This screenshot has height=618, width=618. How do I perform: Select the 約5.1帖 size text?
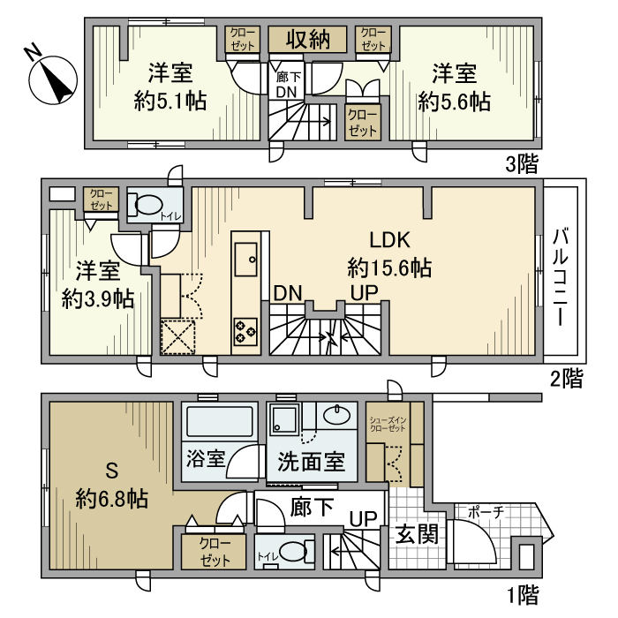(170, 102)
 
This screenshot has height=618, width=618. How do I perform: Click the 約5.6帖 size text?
(455, 102)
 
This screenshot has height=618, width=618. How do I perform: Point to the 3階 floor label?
(521, 164)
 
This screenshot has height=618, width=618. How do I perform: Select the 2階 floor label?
(566, 380)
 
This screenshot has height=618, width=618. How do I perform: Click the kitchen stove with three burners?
(245, 332)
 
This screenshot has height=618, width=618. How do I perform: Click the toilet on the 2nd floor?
(146, 206)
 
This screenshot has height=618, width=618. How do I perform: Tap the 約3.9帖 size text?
(98, 298)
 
